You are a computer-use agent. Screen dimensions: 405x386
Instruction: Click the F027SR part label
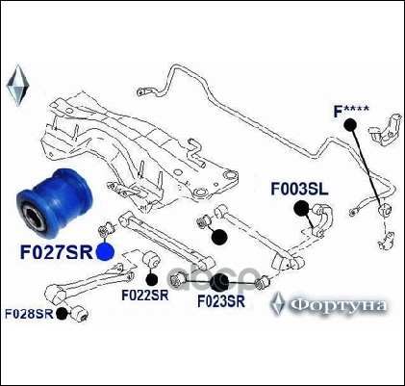(x=57, y=252)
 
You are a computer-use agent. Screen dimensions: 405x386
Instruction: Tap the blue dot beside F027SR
(x=105, y=252)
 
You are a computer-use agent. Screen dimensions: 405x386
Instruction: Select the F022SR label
(x=145, y=296)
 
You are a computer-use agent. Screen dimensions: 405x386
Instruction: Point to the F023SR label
(x=221, y=301)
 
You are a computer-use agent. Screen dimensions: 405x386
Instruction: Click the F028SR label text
(x=29, y=314)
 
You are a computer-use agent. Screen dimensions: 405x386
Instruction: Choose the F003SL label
(x=299, y=189)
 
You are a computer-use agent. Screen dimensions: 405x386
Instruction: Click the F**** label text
(x=351, y=112)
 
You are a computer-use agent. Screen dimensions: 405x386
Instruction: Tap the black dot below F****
(x=350, y=125)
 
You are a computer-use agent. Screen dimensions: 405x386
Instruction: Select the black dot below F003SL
(x=301, y=209)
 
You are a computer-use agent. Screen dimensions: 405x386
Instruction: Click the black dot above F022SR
(x=152, y=280)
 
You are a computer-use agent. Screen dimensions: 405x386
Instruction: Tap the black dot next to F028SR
(x=62, y=314)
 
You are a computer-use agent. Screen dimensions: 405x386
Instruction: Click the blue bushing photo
(x=55, y=203)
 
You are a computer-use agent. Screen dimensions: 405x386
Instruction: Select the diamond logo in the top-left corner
(x=17, y=86)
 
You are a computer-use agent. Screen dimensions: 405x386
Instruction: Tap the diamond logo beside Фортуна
(x=278, y=303)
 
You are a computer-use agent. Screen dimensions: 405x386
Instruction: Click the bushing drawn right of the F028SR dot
(x=79, y=313)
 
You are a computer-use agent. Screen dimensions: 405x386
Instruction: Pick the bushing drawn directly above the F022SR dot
(x=151, y=260)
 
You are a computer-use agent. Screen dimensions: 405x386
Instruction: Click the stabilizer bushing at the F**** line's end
(x=384, y=210)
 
